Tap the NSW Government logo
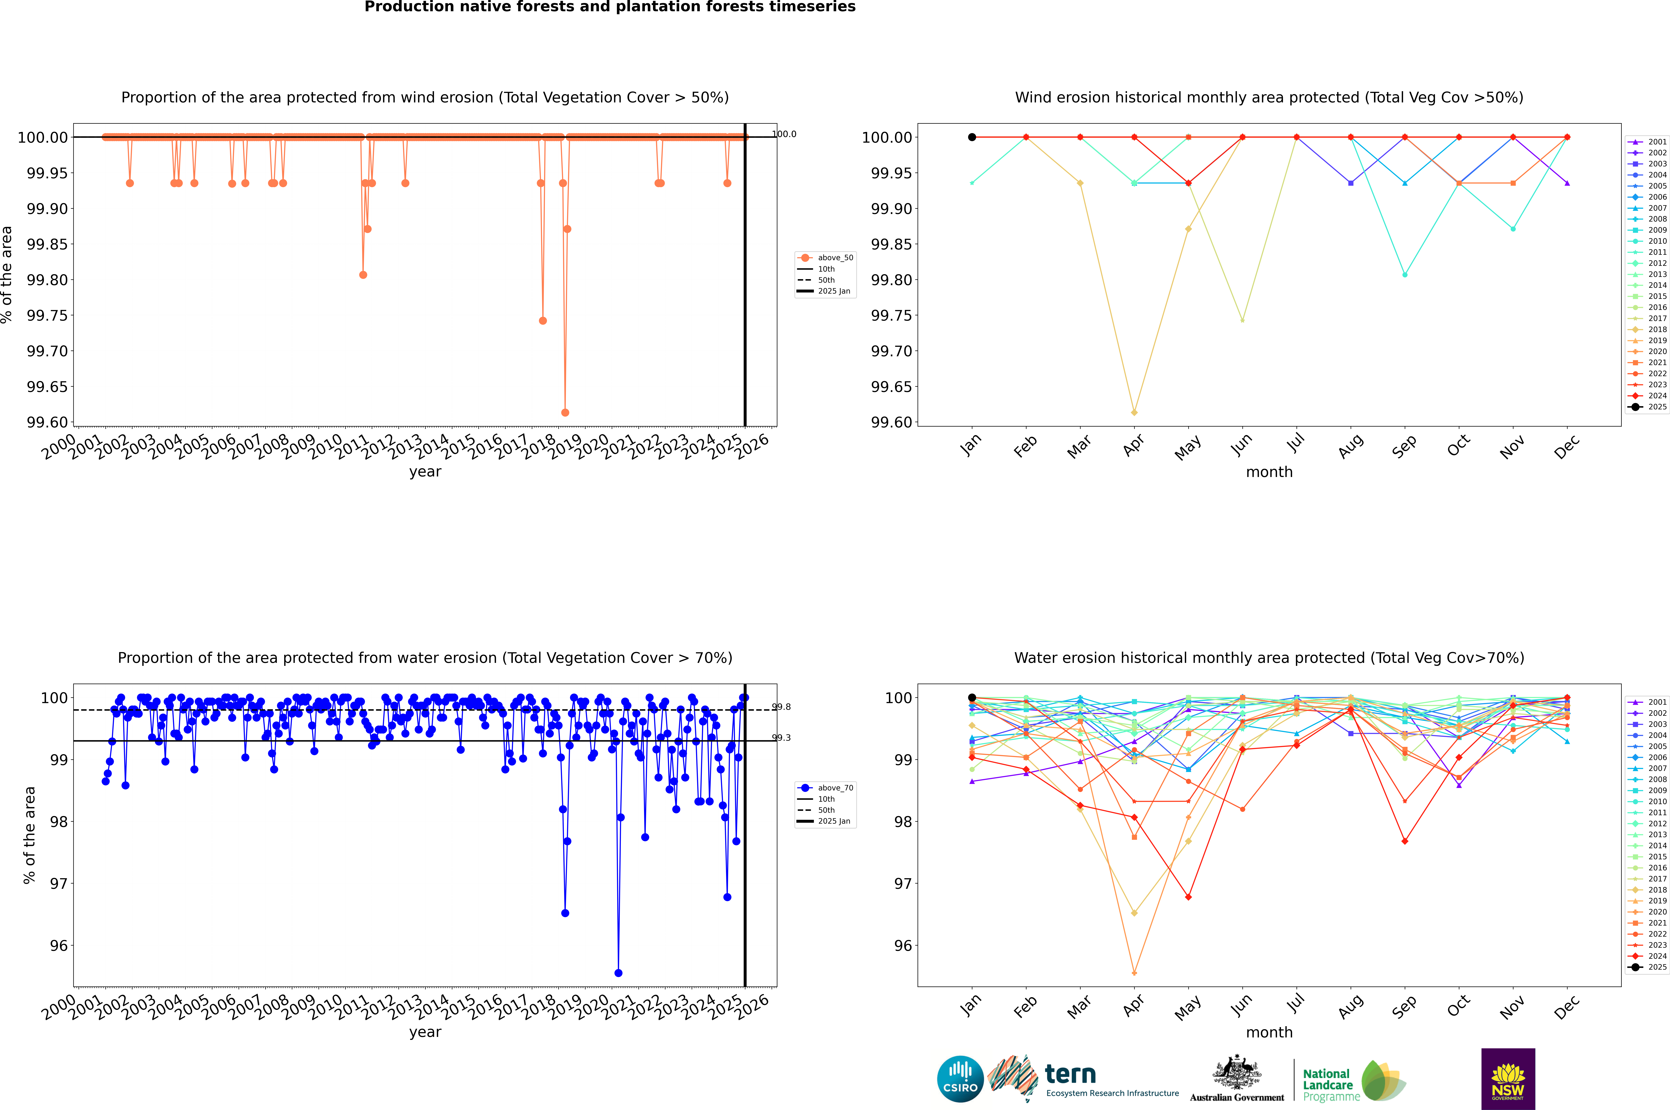pos(1508,1079)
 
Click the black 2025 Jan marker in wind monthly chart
pos(972,137)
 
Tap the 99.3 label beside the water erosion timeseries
pos(782,738)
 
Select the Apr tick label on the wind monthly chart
pos(1133,446)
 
